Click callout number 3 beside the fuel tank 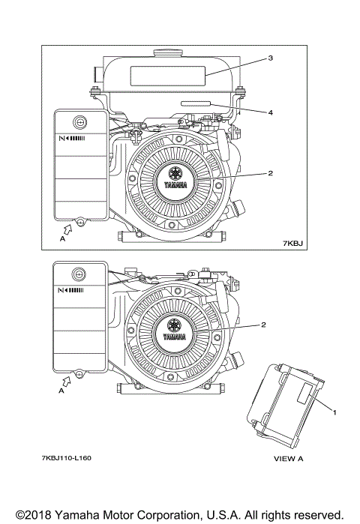[x=271, y=58]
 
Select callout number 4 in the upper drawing [x=271, y=113]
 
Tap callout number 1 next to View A [x=334, y=413]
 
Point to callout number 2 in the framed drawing [x=270, y=173]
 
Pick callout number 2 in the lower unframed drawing [x=263, y=325]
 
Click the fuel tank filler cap [x=168, y=52]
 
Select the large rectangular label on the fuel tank [x=167, y=76]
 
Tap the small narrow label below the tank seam [x=196, y=103]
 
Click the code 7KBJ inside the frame [x=292, y=244]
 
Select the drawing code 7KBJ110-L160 [x=67, y=458]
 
